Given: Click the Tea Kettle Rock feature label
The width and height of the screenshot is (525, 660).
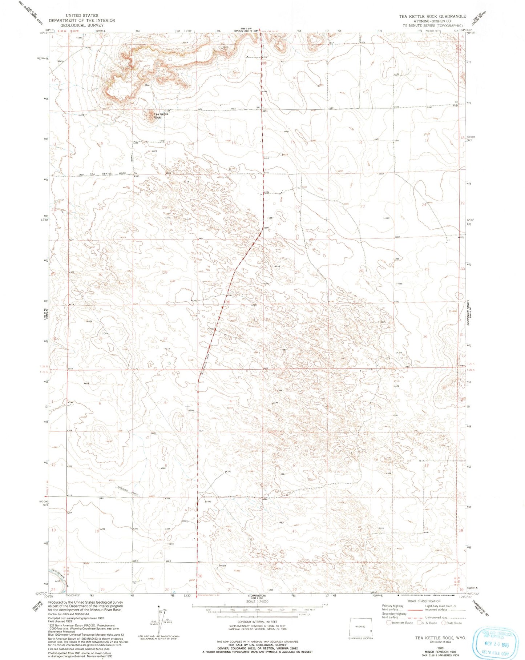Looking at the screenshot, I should click(x=161, y=116).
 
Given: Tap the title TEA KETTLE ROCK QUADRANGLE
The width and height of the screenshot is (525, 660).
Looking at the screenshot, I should click(x=432, y=16).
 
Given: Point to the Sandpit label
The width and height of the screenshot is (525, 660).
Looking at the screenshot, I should click(x=222, y=566).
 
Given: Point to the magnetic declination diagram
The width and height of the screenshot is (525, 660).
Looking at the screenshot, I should click(x=160, y=618).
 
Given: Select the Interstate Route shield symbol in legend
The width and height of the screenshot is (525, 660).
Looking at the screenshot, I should click(x=389, y=623).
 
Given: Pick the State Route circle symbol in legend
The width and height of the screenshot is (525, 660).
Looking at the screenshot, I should click(x=444, y=623).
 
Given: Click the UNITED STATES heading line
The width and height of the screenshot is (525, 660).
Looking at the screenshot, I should click(x=82, y=16).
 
